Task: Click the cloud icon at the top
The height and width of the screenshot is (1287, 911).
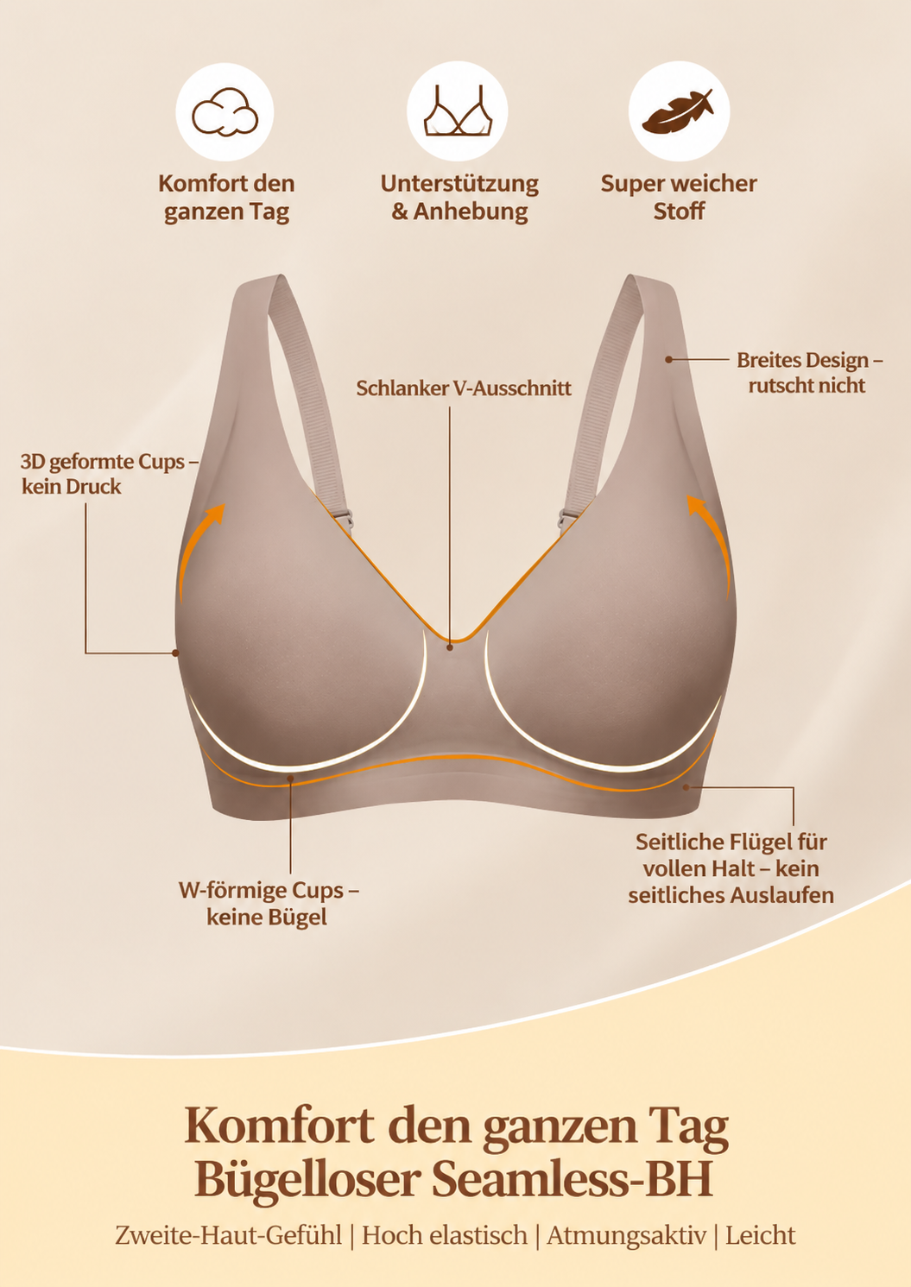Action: (x=225, y=111)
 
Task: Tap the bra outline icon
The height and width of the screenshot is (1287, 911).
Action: (x=458, y=110)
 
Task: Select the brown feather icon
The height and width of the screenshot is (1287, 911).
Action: (x=678, y=111)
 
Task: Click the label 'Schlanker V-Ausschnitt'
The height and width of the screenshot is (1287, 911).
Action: (x=464, y=388)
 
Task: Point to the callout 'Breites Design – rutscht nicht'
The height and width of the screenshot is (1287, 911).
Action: (x=810, y=372)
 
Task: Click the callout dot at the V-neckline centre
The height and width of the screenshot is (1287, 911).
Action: (x=450, y=647)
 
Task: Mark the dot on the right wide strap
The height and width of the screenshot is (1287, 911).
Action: (x=669, y=360)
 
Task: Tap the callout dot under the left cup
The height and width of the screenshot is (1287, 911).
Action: (x=291, y=779)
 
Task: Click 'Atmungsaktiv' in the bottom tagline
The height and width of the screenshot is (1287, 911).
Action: (x=627, y=1235)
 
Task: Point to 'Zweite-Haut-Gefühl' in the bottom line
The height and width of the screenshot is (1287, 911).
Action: (x=228, y=1235)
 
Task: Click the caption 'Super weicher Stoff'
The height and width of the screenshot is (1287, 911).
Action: (x=679, y=197)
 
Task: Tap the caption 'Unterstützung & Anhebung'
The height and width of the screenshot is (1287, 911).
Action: (x=459, y=197)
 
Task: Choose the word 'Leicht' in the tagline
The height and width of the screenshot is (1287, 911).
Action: (x=761, y=1235)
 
